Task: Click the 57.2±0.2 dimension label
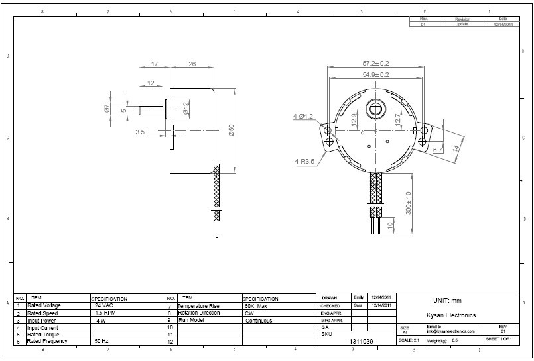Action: [x=375, y=63]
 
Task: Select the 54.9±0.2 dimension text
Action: [x=375, y=75]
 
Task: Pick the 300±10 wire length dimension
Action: [x=409, y=203]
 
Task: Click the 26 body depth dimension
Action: [x=192, y=64]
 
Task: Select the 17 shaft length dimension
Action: [x=155, y=64]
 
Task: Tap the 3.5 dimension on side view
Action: [x=140, y=132]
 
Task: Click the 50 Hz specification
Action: [x=101, y=341]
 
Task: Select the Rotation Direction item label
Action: [x=199, y=313]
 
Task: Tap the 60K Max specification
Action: [x=256, y=306]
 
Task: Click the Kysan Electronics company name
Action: [x=451, y=315]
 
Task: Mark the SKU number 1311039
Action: [x=362, y=341]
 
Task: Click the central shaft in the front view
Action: [x=375, y=109]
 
